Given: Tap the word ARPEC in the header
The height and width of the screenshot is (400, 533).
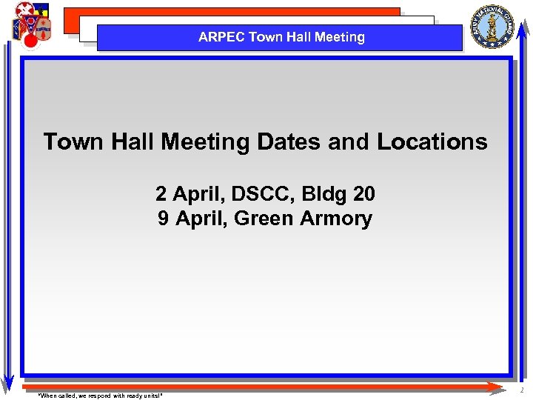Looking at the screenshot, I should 221,37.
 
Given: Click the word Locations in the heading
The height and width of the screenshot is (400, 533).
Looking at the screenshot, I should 432,141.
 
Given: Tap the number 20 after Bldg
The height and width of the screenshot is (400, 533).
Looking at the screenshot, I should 364,194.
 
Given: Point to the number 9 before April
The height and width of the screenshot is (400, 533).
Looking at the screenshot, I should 163,219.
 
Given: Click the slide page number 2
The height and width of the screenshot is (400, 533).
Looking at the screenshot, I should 521,390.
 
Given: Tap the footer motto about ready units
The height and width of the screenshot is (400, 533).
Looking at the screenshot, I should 100,396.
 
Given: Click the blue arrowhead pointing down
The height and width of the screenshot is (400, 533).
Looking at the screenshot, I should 7,383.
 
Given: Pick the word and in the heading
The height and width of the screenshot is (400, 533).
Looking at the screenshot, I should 348,141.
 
